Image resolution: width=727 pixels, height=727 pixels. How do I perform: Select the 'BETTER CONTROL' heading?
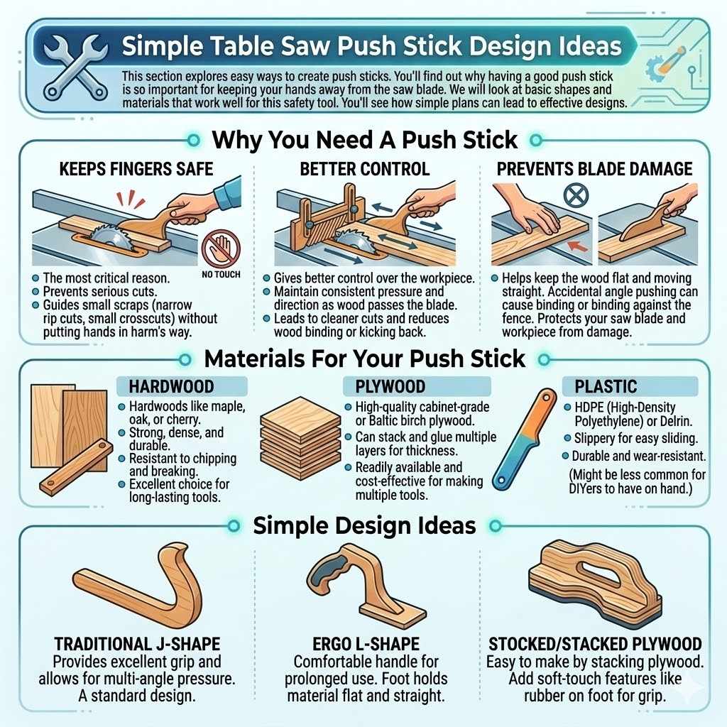coord(365,169)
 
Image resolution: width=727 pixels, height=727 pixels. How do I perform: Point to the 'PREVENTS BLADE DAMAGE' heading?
coord(594,169)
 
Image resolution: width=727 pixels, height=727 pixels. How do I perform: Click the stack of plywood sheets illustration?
coord(292,439)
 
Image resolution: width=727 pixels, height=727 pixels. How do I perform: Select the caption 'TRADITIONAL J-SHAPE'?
coord(138,645)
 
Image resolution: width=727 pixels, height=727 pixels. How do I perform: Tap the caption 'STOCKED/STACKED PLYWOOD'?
coord(595,645)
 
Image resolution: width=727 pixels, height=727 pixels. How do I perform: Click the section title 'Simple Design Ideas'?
coord(364,525)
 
